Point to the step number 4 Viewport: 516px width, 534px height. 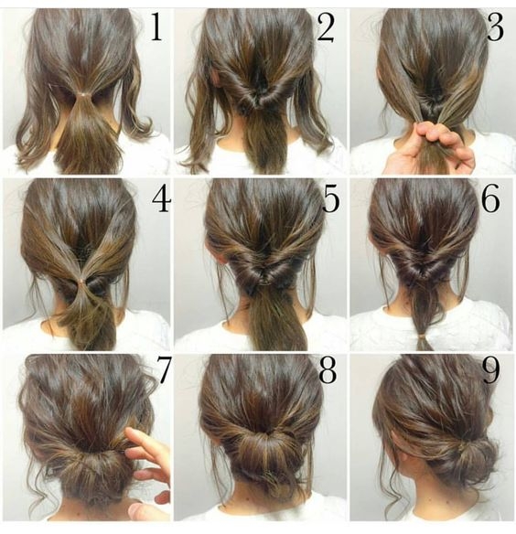(160, 200)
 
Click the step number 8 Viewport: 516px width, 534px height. (327, 371)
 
